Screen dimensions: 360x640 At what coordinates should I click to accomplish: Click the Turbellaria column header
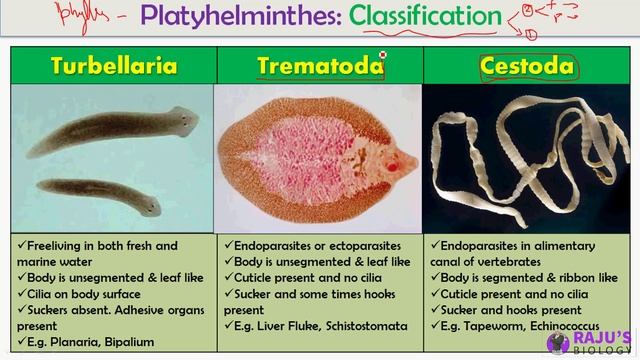(x=115, y=66)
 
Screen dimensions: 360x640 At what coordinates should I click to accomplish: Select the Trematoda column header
(x=320, y=66)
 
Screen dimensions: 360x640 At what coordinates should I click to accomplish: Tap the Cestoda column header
(x=527, y=66)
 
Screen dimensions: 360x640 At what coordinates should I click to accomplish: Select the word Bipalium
(x=129, y=342)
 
